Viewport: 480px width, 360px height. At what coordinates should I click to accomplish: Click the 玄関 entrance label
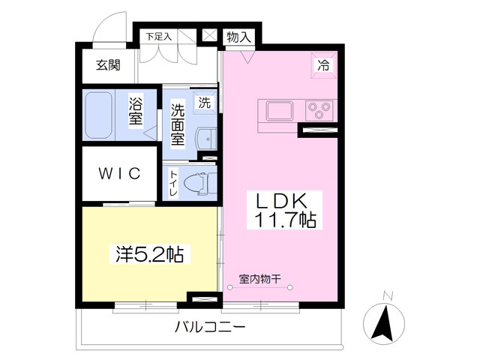[107, 65]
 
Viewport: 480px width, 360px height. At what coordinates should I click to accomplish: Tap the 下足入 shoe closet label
[158, 36]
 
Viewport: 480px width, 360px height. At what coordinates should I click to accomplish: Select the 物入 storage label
[238, 36]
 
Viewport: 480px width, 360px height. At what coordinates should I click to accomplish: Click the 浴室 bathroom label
[136, 111]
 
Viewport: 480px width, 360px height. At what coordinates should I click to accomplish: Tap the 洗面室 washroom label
[178, 124]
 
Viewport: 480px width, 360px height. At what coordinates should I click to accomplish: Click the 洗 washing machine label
[205, 103]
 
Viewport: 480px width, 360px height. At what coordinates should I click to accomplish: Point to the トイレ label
[173, 183]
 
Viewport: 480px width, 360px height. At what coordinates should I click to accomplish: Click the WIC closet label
[118, 174]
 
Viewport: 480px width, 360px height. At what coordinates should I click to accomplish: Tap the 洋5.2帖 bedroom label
[150, 254]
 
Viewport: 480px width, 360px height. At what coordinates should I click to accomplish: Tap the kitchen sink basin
[279, 112]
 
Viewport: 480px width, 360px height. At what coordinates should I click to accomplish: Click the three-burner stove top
[319, 112]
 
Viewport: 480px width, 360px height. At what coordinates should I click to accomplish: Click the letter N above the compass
[386, 295]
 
